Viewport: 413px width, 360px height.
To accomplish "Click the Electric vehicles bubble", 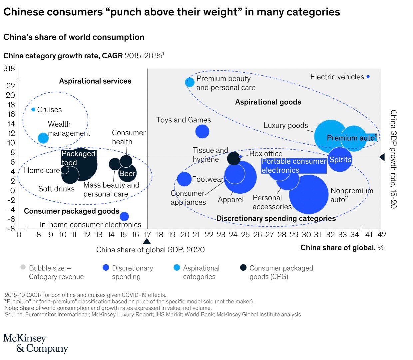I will click(368, 77).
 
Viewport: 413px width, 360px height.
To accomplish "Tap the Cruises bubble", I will click(33, 109).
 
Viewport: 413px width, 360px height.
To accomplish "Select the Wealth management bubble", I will click(43, 137).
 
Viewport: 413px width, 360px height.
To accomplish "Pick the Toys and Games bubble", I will click(202, 131).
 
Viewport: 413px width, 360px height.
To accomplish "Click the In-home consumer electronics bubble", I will click(124, 216).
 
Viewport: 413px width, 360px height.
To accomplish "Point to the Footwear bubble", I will click(184, 179).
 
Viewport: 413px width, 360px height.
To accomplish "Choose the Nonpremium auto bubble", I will click(309, 194).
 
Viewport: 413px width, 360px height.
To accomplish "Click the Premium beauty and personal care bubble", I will click(190, 82).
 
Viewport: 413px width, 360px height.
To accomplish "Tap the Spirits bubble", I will click(340, 160).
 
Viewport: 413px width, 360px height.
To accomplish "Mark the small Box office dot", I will click(240, 156).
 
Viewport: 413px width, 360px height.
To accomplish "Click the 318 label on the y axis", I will click(9, 69).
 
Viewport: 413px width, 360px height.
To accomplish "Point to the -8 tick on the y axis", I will click(11, 229).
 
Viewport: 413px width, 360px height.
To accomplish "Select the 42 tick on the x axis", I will click(382, 235).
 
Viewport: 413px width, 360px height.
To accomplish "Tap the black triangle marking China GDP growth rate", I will click(382, 157).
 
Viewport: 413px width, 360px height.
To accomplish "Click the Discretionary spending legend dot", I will click(106, 267).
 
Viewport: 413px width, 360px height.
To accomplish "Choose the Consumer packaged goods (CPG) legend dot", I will click(243, 267).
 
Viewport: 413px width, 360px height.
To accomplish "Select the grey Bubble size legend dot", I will click(23, 267).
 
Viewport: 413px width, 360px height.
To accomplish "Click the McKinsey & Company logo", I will click(35, 343).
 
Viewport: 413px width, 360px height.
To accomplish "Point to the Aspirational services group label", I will click(95, 81).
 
